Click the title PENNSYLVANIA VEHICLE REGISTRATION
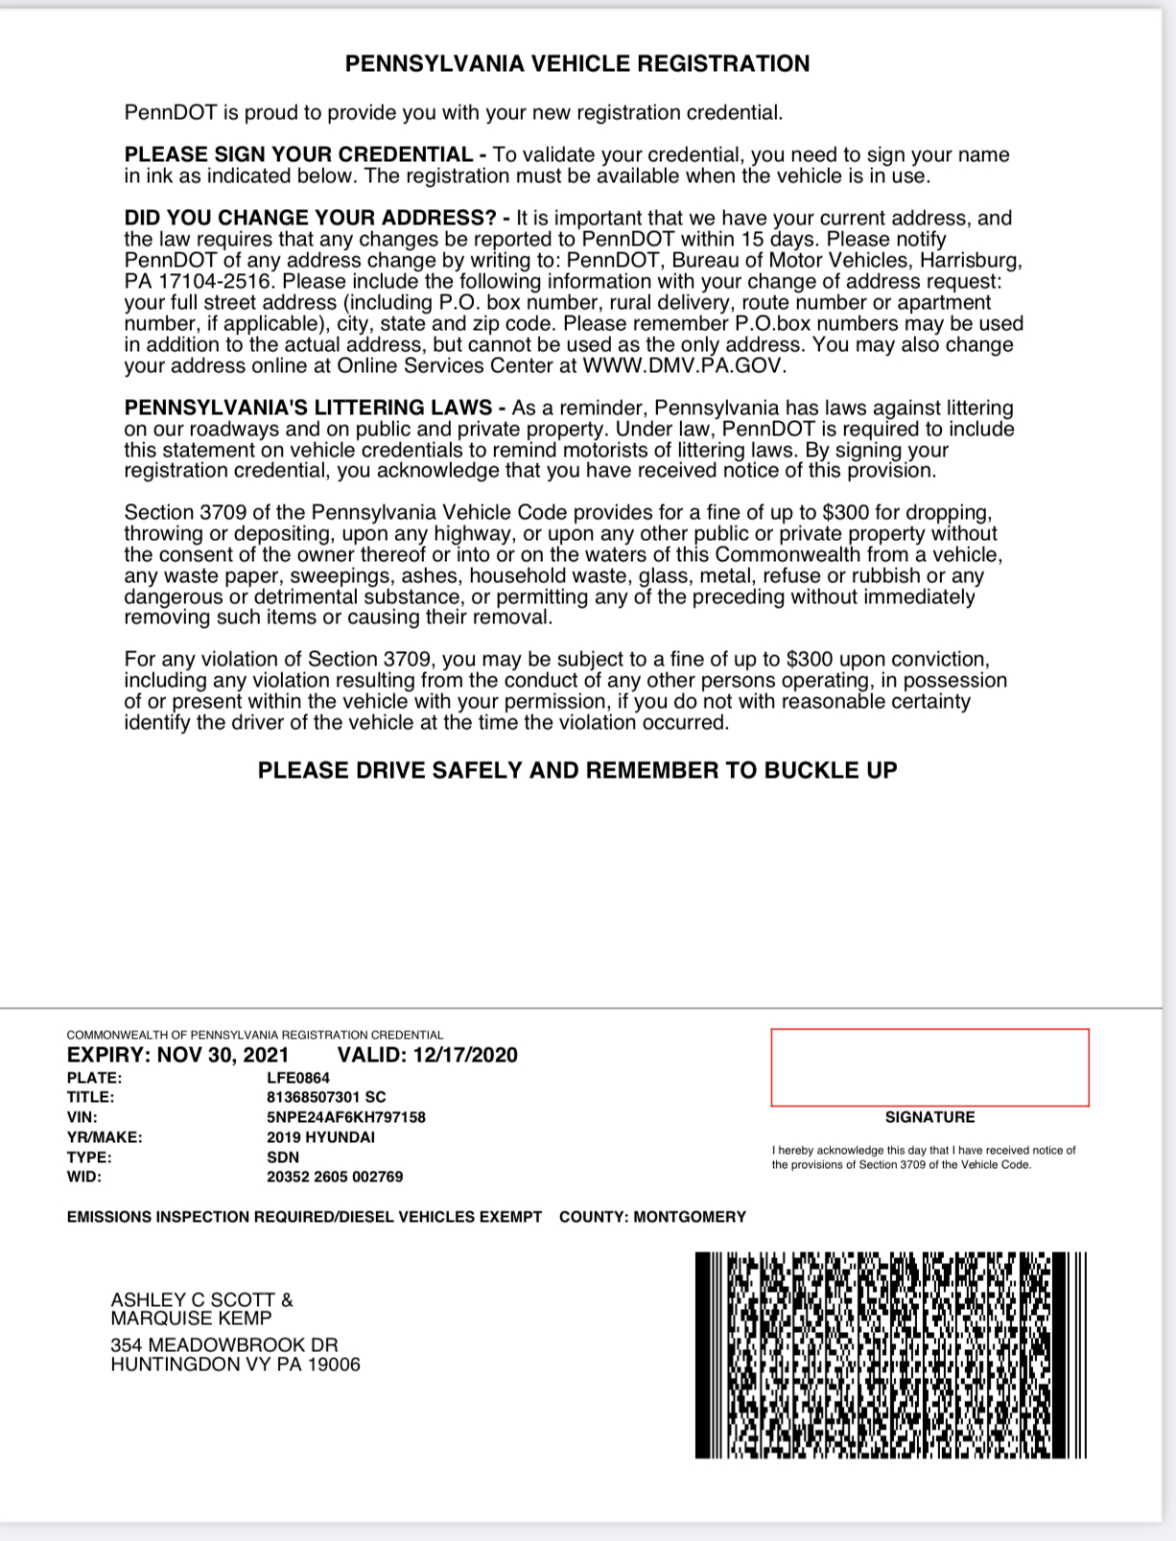pos(576,64)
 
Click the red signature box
pos(929,1067)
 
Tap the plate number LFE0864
pos(298,1077)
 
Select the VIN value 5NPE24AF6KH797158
pos(346,1117)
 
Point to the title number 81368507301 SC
pos(327,1097)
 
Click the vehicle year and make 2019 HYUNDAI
pos(321,1137)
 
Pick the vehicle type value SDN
pos(283,1157)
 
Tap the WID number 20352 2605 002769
pos(335,1177)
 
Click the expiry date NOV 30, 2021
pos(223,1056)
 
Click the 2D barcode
pos(891,1355)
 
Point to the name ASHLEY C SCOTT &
pos(201,1300)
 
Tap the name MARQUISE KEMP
pos(191,1319)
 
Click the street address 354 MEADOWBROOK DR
pos(224,1345)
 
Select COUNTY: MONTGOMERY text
pos(652,1217)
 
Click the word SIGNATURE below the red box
pos(929,1117)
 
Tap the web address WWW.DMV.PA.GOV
pos(685,366)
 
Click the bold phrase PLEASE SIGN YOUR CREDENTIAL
pos(298,155)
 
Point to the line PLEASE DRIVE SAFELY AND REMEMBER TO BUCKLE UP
pos(577,771)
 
